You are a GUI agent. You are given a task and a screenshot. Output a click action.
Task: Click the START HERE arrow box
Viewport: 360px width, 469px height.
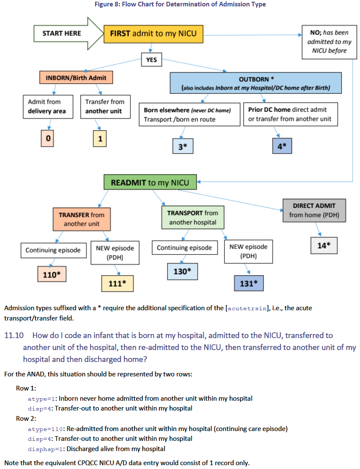[62, 33]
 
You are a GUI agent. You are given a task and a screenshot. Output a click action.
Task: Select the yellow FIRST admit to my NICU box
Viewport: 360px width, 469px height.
[153, 33]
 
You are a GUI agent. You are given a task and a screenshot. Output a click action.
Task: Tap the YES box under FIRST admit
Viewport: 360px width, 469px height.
[151, 60]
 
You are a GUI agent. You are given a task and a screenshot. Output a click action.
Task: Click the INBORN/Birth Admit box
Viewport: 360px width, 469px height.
[76, 78]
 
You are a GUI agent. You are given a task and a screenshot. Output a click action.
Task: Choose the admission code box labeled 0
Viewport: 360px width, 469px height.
[48, 138]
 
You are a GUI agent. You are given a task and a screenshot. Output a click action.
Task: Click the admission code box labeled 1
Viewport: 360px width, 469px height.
[100, 138]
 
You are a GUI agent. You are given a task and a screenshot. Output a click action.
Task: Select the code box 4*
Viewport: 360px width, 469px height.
[282, 146]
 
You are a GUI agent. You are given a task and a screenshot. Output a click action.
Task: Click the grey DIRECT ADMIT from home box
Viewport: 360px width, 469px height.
[314, 210]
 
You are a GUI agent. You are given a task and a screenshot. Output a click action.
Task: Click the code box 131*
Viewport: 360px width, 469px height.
[248, 283]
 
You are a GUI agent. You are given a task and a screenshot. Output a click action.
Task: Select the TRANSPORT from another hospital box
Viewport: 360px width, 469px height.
[192, 217]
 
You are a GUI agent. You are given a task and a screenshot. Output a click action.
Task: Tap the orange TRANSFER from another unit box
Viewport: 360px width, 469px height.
[81, 219]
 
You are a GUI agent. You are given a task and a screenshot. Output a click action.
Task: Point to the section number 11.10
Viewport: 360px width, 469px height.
[13, 335]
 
